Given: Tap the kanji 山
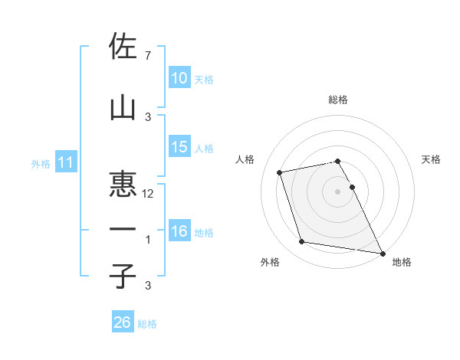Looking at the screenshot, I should coord(123,107).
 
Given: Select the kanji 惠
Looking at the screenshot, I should coord(123,185).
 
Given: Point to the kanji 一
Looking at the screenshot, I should coord(123,230).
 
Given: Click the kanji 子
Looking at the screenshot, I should coord(123,276).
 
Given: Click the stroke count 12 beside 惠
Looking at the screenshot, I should coord(149,194).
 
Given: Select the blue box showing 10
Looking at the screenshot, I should coord(179,78).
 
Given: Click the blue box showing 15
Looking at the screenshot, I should coord(179,147).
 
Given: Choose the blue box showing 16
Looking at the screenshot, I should coord(179,231).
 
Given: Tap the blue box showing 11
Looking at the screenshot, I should coord(65,162).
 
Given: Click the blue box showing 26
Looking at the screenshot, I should coord(122,322).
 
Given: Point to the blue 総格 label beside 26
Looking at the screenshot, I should coord(147,324).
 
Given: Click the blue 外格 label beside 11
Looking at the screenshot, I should coord(41,163).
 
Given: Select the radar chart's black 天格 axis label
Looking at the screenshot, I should coord(432,159).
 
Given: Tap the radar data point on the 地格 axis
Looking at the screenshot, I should coord(381,253).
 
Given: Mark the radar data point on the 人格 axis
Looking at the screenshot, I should coord(280,172).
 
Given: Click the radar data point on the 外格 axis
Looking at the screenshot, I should coord(302,242).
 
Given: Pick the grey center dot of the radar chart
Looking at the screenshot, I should coord(338,191).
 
